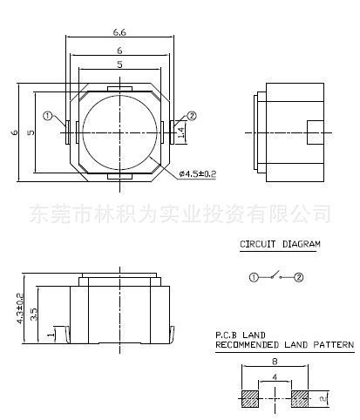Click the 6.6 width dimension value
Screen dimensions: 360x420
pos(119,32)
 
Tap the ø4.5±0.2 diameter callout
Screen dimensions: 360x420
pos(198,174)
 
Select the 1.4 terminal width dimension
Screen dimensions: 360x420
pos(180,132)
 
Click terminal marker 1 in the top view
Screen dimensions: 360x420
pos(48,116)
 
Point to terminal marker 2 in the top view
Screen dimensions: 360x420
pos(192,116)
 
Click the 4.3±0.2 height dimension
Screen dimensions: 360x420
pos(20,308)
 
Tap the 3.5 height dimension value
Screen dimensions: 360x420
pos(34,315)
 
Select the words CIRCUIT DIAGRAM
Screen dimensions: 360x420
pos(280,244)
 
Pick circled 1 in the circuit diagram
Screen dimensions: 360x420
pos(254,277)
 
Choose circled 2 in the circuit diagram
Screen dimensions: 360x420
pos(299,277)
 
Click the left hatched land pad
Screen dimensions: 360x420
pos(250,398)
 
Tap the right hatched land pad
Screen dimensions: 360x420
pos(300,398)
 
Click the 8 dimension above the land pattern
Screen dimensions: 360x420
pos(275,362)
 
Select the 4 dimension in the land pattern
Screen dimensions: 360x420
pos(275,377)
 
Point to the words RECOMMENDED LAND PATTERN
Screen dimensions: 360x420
pos(285,345)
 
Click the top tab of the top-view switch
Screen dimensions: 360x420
pos(119,89)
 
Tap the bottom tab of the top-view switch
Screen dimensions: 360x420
pos(119,176)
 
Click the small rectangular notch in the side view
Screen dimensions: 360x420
pos(316,132)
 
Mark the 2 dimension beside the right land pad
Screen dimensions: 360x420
pos(323,399)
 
